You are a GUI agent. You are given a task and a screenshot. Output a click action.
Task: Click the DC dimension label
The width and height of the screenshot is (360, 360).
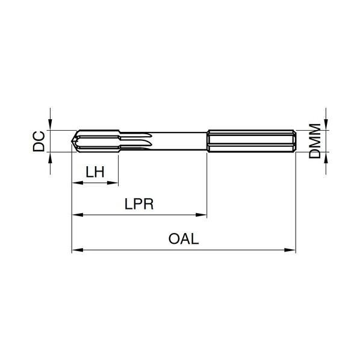39,141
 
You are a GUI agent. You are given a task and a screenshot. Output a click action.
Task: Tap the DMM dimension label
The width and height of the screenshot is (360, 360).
314,141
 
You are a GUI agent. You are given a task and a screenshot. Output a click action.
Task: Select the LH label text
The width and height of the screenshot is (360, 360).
95,172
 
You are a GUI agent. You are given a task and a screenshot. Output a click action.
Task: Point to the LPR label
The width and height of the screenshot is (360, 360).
139,203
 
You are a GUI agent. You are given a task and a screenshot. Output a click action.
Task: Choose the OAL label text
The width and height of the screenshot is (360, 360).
184,239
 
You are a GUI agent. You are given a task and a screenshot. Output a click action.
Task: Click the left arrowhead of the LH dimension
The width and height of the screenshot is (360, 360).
78,183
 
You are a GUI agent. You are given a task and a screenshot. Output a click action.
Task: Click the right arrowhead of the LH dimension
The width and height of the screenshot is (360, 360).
113,183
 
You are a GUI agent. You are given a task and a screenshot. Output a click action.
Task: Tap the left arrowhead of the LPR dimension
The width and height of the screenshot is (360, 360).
78,215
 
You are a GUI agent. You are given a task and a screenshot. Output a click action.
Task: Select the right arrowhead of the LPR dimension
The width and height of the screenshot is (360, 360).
201,215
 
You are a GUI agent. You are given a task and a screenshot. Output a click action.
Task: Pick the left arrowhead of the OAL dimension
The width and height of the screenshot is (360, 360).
78,250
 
